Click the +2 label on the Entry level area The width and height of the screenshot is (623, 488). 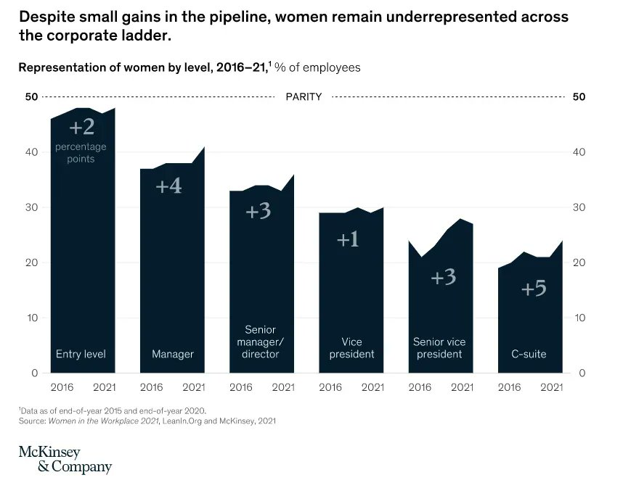coord(81,128)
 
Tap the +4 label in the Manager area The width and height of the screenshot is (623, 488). coord(168,186)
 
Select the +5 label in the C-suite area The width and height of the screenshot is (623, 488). coord(534,289)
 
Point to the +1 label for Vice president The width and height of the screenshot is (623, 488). coord(348,239)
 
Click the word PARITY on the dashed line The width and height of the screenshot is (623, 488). coord(304,96)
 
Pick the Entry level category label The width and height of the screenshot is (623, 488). coord(81,355)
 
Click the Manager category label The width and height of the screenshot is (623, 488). coord(172,355)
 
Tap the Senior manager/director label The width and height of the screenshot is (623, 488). coord(260,342)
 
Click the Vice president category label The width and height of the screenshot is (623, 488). coord(351,348)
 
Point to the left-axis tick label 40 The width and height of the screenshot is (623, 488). coord(31,152)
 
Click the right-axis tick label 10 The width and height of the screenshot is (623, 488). coord(579,318)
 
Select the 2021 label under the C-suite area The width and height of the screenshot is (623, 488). coord(551,387)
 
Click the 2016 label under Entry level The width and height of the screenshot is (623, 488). coord(62,387)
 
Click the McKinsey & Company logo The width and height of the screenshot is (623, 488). coord(65,460)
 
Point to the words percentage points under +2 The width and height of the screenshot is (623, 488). coord(81,153)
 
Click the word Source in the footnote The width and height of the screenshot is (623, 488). coord(32,421)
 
